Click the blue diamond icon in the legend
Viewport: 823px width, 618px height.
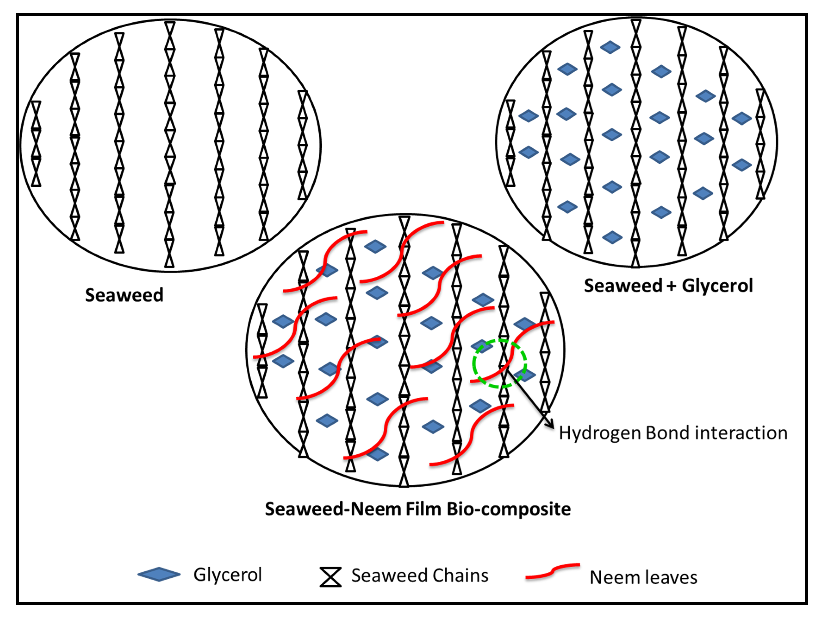click(x=159, y=574)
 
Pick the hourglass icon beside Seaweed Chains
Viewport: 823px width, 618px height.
click(x=330, y=577)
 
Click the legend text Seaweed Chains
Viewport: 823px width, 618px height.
click(x=420, y=576)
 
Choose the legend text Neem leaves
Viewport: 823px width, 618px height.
click(x=643, y=578)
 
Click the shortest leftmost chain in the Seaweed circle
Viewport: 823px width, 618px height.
click(x=36, y=143)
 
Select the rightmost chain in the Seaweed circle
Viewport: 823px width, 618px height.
click(x=302, y=145)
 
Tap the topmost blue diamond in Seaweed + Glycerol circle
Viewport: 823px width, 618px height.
click(x=610, y=47)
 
